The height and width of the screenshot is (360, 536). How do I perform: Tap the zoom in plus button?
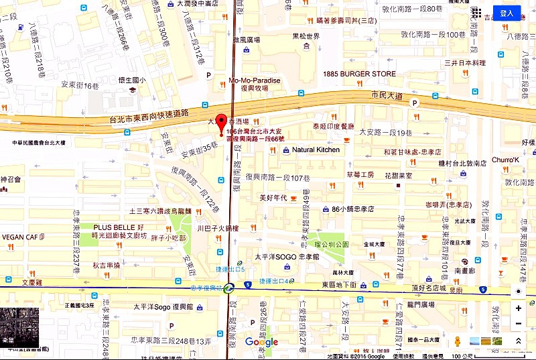[x=519, y=308]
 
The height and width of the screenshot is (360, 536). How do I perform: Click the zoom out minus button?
[x=519, y=324]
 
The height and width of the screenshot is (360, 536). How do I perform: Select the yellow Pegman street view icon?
[x=458, y=341]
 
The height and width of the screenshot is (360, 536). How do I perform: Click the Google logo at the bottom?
[x=261, y=343]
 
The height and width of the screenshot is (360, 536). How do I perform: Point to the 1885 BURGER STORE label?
[x=359, y=74]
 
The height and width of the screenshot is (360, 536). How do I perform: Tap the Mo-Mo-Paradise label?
[x=255, y=80]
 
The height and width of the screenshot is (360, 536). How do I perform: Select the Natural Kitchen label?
[x=316, y=149]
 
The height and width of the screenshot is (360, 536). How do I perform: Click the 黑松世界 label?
[x=306, y=36]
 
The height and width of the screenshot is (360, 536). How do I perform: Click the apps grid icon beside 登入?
[x=476, y=13]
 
